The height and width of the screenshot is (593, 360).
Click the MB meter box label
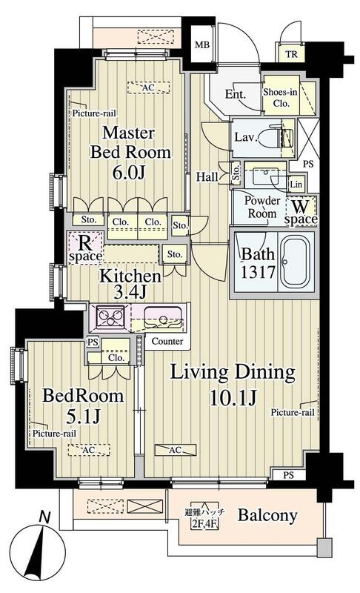click(201, 45)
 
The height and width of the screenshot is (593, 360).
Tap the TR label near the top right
click(291, 54)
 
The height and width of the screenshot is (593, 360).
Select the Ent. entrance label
click(236, 94)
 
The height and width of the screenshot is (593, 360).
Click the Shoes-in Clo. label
click(280, 98)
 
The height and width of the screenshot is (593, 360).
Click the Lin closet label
click(296, 184)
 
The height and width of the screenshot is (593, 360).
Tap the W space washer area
click(301, 212)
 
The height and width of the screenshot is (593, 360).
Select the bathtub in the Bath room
click(296, 262)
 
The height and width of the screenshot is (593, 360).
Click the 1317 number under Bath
click(259, 272)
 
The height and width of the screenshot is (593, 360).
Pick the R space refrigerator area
click(85, 248)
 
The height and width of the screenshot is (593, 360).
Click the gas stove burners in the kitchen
click(110, 316)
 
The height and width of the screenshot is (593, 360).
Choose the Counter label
click(167, 341)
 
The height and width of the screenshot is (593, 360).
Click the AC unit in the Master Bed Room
click(148, 87)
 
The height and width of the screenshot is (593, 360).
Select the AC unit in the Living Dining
click(176, 450)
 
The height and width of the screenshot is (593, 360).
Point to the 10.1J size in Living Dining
click(233, 397)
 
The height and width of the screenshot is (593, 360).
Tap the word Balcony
click(267, 516)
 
